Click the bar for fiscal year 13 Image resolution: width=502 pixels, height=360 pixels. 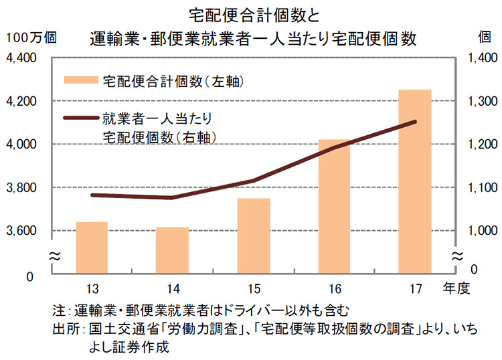(x=92, y=248)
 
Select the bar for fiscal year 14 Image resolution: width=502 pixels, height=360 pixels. (x=172, y=250)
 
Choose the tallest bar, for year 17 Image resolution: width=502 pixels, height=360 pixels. (x=415, y=181)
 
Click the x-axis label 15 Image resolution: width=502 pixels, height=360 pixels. (x=254, y=288)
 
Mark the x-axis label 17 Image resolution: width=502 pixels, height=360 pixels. (x=415, y=288)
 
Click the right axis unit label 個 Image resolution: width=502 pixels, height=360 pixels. (x=483, y=37)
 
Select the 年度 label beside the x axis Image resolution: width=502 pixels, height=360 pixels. (x=458, y=288)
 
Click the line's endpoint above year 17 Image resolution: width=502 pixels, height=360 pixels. (x=415, y=122)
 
